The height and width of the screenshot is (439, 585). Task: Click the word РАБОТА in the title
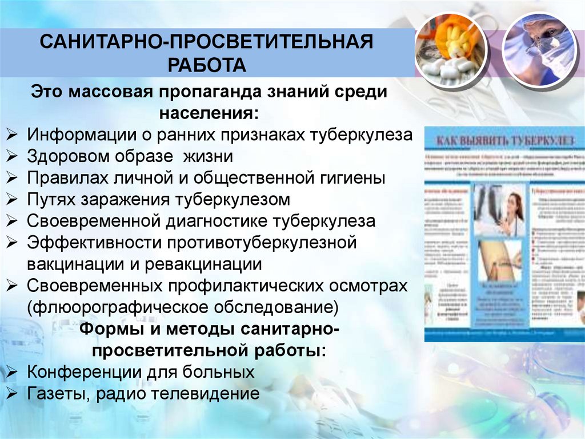pos(207,64)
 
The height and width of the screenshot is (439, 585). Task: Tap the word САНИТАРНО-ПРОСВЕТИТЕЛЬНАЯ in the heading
pos(206,42)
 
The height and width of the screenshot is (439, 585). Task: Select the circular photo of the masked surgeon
pos(540,48)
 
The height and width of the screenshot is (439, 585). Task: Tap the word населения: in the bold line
pos(209,113)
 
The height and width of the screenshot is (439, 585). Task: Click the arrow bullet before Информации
pos(12,136)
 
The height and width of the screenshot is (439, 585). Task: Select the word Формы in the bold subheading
pos(108,329)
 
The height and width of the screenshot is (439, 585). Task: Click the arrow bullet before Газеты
pos(12,394)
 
